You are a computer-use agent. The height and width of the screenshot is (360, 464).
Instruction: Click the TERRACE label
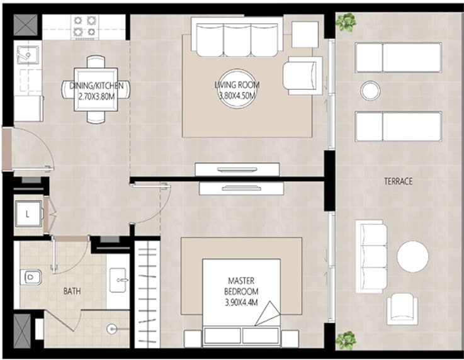[398, 181]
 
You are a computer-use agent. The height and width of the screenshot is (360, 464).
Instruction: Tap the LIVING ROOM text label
[237, 85]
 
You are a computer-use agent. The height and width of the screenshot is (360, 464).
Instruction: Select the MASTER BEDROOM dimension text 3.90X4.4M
[241, 302]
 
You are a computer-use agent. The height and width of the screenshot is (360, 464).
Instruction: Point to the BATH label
[72, 291]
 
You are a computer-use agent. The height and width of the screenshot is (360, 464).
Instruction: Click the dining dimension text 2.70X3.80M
[96, 96]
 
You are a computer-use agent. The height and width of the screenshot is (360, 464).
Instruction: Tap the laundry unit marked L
[28, 214]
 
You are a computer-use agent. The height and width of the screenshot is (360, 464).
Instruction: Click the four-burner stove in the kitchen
[84, 26]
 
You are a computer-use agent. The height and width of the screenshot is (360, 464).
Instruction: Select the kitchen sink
[28, 55]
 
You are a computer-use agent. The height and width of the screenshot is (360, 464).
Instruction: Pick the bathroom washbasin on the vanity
[118, 280]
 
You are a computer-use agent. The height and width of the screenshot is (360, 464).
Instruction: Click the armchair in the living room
[302, 76]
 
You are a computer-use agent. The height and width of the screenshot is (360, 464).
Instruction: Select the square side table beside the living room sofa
[305, 35]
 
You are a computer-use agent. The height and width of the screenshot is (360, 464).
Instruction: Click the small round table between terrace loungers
[370, 91]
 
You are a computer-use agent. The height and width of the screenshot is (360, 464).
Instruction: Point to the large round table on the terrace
[412, 256]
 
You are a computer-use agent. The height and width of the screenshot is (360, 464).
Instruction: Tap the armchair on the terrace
[402, 309]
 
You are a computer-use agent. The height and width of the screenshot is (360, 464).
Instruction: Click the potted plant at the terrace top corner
[346, 22]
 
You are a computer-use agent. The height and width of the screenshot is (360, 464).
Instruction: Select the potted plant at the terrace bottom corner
[346, 340]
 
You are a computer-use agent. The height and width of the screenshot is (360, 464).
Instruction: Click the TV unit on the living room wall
[237, 169]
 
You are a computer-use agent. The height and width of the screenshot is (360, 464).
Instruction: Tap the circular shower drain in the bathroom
[112, 329]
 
